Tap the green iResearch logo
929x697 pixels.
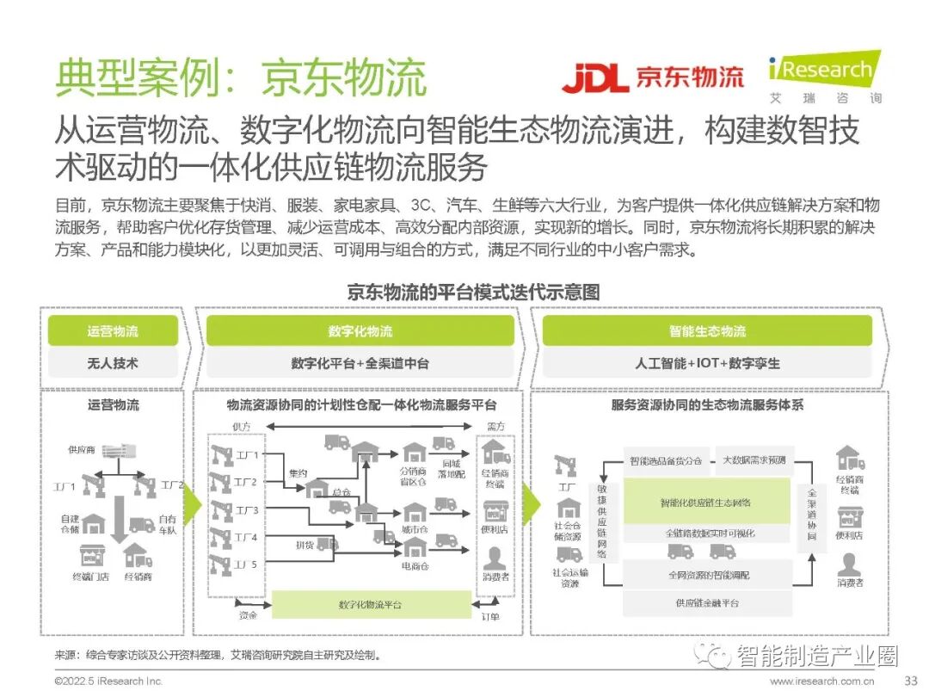[824, 69]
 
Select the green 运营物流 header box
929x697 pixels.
[113, 331]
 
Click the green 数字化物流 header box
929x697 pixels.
[360, 331]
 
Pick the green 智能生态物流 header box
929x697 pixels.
[707, 331]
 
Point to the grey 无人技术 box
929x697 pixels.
[113, 363]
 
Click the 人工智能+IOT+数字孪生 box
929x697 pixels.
[707, 363]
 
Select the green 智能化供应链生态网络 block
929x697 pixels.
[705, 502]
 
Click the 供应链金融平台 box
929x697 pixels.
[706, 602]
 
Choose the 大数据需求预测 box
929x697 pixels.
[754, 460]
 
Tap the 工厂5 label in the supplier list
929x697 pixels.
[246, 564]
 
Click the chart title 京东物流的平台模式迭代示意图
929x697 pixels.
[473, 292]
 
